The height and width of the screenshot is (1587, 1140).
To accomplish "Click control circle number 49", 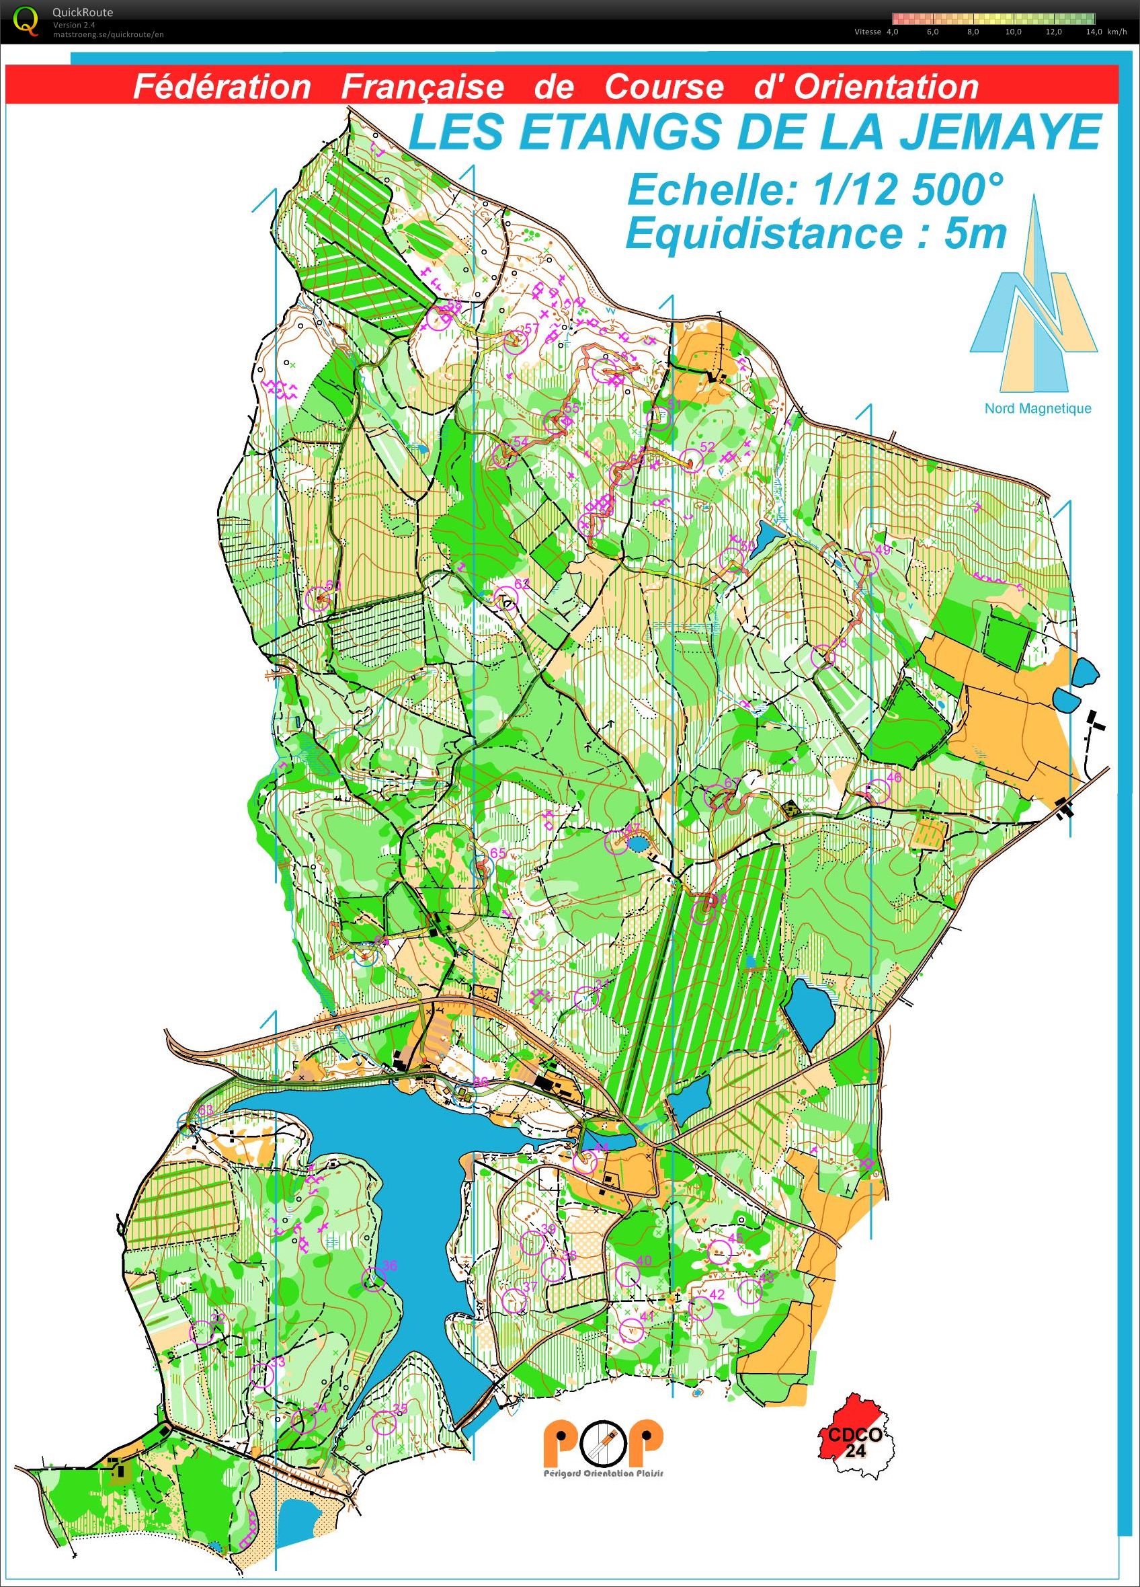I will tap(866, 563).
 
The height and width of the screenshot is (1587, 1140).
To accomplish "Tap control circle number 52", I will tap(691, 460).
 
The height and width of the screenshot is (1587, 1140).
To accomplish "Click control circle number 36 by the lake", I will tap(374, 1279).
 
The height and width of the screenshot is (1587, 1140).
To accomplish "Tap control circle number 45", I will tap(720, 1251).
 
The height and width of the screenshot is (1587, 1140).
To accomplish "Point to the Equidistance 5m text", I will tap(815, 234).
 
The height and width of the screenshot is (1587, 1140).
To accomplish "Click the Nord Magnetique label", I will tap(1037, 409).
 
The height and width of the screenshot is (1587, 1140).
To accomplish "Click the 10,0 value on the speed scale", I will tap(1013, 32).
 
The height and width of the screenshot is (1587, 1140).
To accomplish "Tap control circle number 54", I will tap(503, 455).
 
